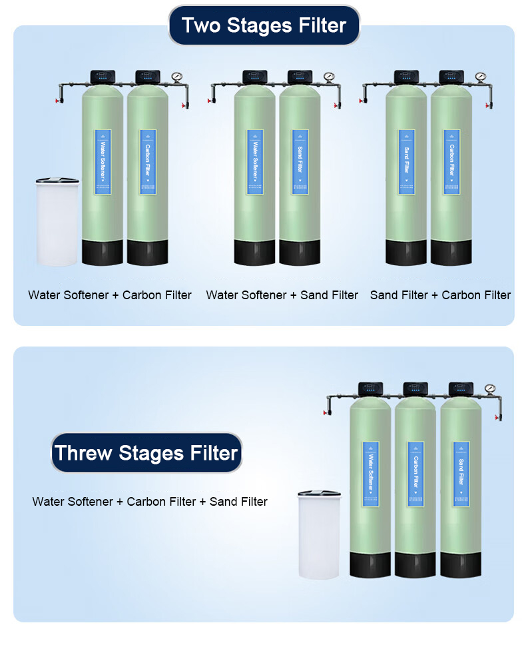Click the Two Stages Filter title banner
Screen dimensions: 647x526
coord(264,25)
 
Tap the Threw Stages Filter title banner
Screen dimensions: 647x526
coord(146,453)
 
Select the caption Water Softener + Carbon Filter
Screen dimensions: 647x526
coord(110,295)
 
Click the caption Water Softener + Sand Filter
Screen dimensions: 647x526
coord(282,295)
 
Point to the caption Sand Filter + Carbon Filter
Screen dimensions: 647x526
coord(440,295)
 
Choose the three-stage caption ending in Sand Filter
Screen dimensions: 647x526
coord(150,501)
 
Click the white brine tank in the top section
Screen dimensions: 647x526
coord(57,223)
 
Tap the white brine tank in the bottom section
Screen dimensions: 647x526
coord(319,536)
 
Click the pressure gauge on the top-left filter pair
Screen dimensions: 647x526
coord(177,77)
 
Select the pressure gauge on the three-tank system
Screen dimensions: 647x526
coord(490,388)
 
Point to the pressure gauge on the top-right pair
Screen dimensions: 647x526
coord(481,77)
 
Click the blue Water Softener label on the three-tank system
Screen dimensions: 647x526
coord(370,473)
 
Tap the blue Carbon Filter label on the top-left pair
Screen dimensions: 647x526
coord(148,162)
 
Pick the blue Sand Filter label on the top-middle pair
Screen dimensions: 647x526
coord(300,162)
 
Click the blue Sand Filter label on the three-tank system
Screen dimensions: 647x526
coord(461,473)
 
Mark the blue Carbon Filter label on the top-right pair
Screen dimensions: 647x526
coord(451,162)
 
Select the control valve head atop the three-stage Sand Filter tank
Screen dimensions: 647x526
coord(461,388)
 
